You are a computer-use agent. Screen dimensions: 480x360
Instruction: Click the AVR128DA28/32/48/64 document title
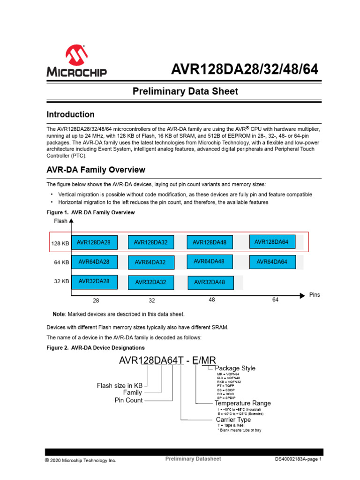[x=244, y=69]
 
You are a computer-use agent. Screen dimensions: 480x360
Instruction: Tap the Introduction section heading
[x=70, y=114]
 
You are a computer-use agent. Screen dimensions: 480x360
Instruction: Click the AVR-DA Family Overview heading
[x=96, y=170]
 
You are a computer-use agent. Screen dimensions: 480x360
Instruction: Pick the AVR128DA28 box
[x=94, y=242]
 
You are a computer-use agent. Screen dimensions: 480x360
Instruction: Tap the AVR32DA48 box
[x=210, y=282]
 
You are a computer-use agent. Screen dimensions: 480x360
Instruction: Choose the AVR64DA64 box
[x=272, y=262]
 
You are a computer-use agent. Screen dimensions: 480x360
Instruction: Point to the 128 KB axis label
[x=60, y=243]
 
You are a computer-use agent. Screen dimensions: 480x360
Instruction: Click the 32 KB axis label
[x=61, y=282]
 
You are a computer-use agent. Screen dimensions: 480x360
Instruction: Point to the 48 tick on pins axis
[x=212, y=300]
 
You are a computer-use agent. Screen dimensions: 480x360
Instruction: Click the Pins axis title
[x=315, y=295]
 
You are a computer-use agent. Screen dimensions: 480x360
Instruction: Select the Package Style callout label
[x=235, y=368]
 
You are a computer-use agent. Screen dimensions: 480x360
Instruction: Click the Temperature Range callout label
[x=242, y=403]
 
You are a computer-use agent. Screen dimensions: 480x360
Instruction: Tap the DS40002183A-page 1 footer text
[x=298, y=460]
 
